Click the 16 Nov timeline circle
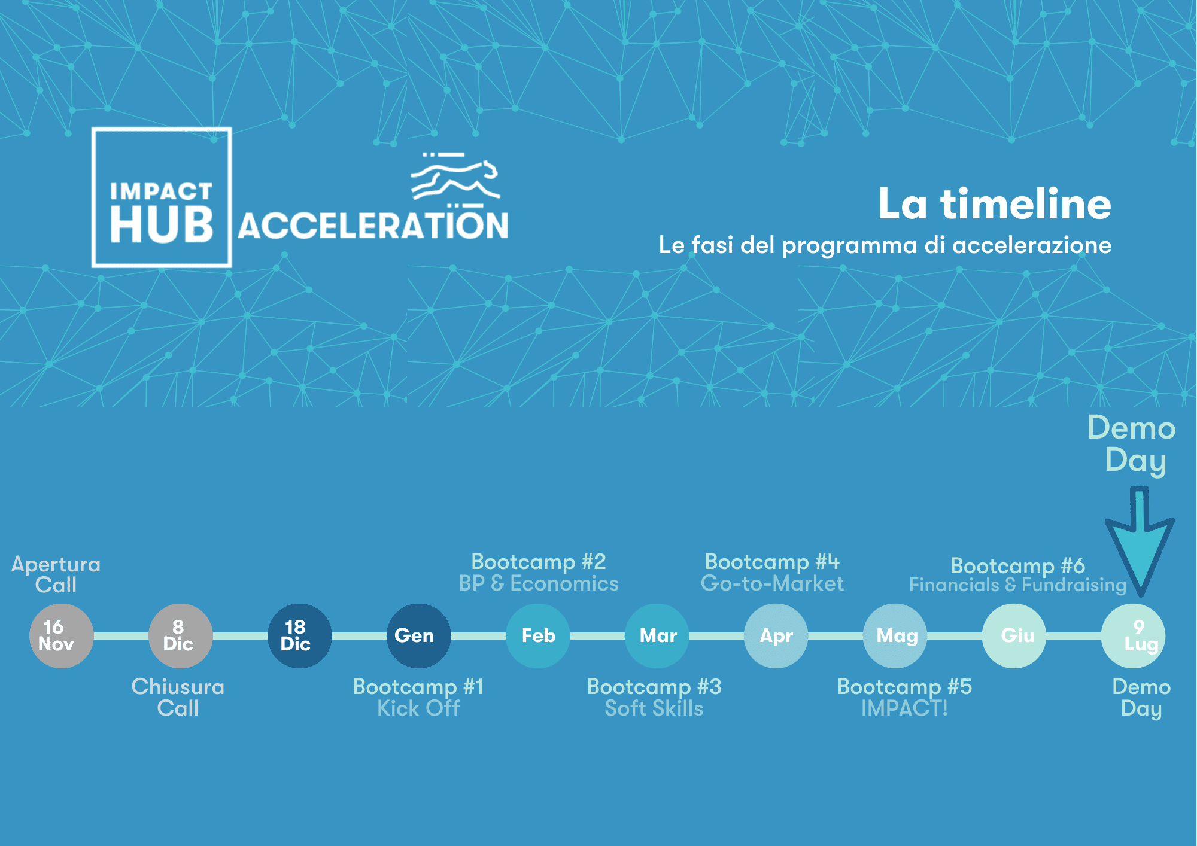[x=62, y=636]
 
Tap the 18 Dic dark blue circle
[x=299, y=636]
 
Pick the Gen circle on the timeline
[x=419, y=636]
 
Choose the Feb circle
[x=538, y=636]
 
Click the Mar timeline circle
[x=657, y=636]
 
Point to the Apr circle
[x=776, y=636]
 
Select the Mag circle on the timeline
[x=895, y=636]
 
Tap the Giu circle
[x=1014, y=636]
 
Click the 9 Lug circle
[x=1133, y=636]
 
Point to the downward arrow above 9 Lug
[x=1140, y=541]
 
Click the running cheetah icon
[x=455, y=176]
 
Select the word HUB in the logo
[x=162, y=225]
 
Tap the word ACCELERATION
[x=373, y=226]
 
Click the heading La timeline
[x=994, y=204]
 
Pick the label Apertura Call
[x=56, y=574]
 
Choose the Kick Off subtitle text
[x=418, y=708]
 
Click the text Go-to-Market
[x=772, y=583]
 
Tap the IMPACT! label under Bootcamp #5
[x=904, y=708]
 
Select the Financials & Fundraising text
[x=1017, y=585]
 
